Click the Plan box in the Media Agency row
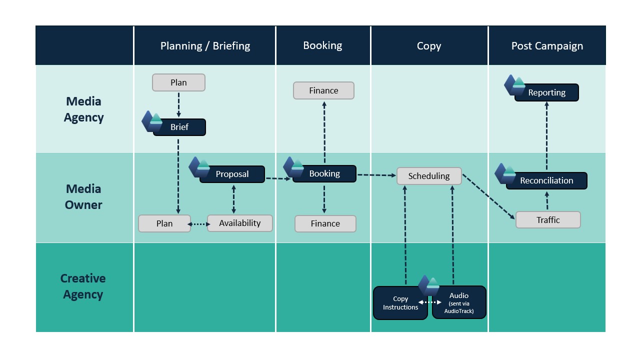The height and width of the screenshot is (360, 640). [178, 82]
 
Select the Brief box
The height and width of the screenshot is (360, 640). [179, 127]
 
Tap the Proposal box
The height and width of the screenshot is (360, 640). [232, 174]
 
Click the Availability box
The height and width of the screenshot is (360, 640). [240, 223]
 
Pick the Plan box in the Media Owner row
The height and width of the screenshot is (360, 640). [164, 223]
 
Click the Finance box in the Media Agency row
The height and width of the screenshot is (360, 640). [323, 90]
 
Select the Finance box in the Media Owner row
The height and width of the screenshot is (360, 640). [325, 223]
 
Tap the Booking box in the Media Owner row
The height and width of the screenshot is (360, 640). [324, 173]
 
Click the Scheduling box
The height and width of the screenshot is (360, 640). [429, 176]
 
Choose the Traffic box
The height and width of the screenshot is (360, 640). [548, 220]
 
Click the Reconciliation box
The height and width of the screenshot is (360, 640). [546, 180]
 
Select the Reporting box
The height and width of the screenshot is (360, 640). [546, 92]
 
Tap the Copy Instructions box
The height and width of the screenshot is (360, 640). [400, 303]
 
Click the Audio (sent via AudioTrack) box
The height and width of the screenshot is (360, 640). [459, 303]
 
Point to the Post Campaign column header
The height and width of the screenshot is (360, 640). [547, 46]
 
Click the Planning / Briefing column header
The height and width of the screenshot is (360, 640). [205, 46]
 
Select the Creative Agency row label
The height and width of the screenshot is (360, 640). [83, 286]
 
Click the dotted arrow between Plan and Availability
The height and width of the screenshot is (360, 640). [199, 224]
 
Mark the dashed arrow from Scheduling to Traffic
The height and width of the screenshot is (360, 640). [488, 196]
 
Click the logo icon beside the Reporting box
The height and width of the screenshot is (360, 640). [514, 85]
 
